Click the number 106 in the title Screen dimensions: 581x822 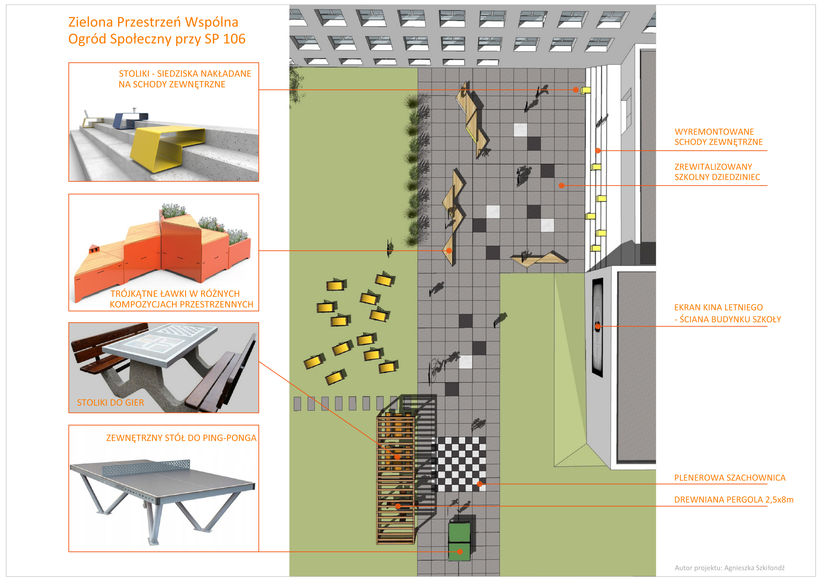click(234, 39)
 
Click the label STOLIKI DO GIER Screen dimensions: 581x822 click(110, 402)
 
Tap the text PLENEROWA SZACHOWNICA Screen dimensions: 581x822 click(729, 478)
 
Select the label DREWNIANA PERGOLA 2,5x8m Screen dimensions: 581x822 click(734, 499)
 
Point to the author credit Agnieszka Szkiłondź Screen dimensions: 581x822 click(754, 568)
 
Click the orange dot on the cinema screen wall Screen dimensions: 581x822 click(598, 326)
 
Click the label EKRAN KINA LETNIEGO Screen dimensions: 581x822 click(718, 307)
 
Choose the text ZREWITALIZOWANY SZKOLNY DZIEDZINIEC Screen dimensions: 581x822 click(717, 172)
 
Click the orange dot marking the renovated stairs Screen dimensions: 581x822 click(598, 151)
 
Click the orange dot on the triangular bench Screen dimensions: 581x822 click(449, 251)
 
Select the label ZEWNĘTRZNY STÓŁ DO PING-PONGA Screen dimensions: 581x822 click(181, 438)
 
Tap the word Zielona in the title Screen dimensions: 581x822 click(91, 22)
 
